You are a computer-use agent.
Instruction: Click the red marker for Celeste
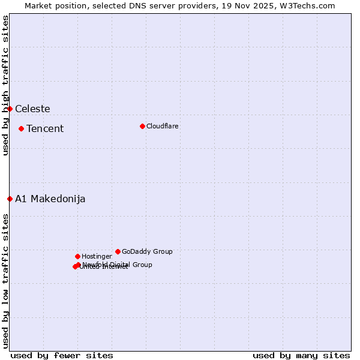tap(10, 109)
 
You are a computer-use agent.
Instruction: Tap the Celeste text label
tap(32, 109)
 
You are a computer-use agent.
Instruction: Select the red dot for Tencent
tap(21, 128)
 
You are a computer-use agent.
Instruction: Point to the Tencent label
tap(45, 129)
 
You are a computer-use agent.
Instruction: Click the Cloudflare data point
tap(142, 126)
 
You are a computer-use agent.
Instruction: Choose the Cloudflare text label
tap(162, 127)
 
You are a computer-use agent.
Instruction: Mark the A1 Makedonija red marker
tap(10, 199)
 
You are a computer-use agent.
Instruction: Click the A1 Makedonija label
tap(50, 199)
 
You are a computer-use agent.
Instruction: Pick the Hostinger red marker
tap(77, 256)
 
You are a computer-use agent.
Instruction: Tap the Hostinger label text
tap(97, 257)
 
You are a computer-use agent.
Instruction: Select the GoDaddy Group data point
tap(118, 251)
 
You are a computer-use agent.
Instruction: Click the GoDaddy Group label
tap(147, 252)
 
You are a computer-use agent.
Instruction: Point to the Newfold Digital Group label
tap(118, 265)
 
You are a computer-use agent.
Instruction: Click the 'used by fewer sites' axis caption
tap(62, 355)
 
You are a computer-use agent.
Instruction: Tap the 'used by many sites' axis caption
tap(301, 355)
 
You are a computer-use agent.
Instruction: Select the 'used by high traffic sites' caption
tap(5, 85)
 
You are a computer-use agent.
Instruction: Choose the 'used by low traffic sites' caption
tap(5, 280)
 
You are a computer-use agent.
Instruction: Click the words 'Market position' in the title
tap(53, 5)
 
